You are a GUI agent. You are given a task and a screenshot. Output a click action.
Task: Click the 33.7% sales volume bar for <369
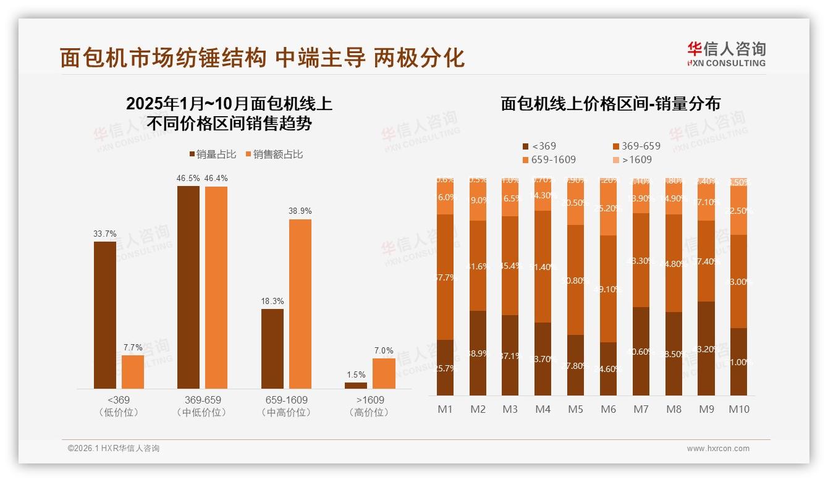tap(105, 315)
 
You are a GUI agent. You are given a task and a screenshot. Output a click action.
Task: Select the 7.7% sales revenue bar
tap(133, 371)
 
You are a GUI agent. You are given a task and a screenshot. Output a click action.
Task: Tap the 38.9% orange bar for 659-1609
tap(300, 303)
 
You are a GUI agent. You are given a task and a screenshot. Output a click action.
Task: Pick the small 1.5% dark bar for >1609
tap(356, 385)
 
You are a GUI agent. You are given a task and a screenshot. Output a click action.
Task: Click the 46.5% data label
tap(188, 178)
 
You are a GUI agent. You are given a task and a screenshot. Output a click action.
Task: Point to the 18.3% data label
tap(272, 301)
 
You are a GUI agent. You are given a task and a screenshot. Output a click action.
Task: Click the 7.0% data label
tap(384, 350)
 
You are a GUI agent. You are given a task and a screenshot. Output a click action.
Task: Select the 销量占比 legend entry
tap(212, 154)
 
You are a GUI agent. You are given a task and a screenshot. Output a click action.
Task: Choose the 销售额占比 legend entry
tap(274, 154)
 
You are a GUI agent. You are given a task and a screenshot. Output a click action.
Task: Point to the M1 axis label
tap(445, 409)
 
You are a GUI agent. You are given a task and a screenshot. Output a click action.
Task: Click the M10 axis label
tap(738, 409)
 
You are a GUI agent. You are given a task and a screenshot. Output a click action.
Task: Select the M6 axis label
tap(608, 409)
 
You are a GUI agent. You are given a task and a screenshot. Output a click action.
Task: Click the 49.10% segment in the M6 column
tap(608, 289)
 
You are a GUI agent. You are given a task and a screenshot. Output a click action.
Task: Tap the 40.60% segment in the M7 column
tap(641, 351)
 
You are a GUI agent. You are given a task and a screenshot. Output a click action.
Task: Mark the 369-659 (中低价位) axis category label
tap(202, 406)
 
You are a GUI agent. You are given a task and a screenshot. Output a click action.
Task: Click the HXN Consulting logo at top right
tap(726, 54)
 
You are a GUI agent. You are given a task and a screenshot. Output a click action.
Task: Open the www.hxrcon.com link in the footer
tap(718, 449)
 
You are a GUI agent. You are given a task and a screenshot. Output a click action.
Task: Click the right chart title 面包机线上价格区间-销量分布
tap(610, 104)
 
